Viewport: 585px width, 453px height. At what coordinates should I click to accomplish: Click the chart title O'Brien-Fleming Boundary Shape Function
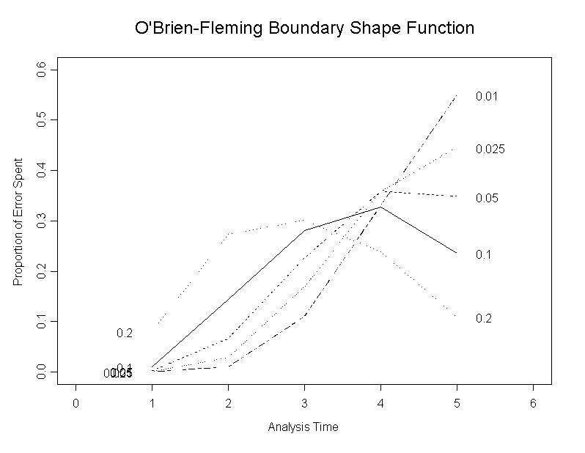304,29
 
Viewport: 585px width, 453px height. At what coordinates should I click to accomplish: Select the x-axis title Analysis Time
303,427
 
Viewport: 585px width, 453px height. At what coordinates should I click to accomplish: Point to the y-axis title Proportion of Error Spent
18,222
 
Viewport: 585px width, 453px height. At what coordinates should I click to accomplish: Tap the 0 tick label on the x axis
76,404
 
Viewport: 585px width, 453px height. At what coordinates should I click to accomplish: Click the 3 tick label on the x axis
304,404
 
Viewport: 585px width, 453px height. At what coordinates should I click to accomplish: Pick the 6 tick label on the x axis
533,404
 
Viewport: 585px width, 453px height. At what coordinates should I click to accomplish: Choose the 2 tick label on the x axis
228,404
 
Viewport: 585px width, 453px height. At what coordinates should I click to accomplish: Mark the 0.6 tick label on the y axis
43,69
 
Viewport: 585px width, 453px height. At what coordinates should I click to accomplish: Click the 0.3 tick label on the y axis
43,221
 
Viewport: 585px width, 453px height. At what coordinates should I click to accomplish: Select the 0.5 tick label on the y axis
43,119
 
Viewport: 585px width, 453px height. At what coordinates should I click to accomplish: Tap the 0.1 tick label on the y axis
43,322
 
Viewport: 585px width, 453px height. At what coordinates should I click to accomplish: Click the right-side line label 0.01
487,96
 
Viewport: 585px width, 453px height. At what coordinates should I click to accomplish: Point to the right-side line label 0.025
490,149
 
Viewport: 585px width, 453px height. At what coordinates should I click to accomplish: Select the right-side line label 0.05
487,198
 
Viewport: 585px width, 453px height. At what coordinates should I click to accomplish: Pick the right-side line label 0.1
483,254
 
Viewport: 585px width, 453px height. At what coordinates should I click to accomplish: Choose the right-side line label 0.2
483,318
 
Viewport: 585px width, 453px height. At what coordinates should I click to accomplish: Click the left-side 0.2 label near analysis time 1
125,334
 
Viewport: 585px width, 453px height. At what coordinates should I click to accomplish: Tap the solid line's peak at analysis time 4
380,207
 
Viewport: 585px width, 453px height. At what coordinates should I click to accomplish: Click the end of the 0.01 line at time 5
457,95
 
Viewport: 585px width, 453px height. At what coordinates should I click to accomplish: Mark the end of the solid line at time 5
457,253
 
